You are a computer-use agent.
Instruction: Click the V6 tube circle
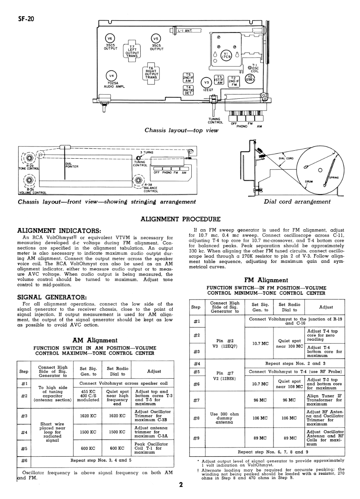[110, 39]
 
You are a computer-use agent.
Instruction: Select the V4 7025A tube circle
[111, 76]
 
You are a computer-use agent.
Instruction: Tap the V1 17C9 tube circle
[226, 55]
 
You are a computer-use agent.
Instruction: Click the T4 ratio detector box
[188, 90]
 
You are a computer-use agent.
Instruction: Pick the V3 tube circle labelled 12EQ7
[207, 83]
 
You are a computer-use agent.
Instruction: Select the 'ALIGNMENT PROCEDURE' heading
[180, 219]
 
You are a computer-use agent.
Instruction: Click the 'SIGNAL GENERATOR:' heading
[52, 297]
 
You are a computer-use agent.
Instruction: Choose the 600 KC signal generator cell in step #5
[88, 448]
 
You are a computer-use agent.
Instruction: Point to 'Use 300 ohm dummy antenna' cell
[225, 418]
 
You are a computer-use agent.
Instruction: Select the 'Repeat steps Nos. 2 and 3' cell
[295, 363]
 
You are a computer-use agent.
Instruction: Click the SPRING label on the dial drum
[334, 178]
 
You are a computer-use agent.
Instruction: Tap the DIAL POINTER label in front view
[72, 165]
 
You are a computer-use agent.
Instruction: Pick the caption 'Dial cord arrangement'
[297, 202]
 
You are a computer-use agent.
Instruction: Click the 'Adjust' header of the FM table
[326, 307]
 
